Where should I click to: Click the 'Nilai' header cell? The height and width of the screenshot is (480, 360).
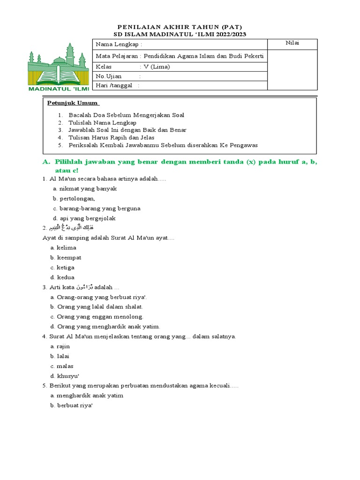coord(292,44)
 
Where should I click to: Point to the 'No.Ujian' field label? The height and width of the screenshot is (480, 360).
coord(109,76)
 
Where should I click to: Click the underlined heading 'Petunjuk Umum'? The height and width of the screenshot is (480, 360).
coord(73,103)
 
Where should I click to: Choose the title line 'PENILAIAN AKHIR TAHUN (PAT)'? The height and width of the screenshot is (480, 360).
coord(180,27)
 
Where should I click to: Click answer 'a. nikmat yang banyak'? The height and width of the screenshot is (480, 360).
coord(85,188)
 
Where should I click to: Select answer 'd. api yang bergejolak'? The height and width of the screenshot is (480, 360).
coord(84,218)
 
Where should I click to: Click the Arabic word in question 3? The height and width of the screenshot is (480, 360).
coord(84,287)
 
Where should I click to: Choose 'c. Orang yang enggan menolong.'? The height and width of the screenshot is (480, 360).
coord(97,316)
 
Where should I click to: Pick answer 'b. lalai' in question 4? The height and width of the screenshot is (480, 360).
coord(60,356)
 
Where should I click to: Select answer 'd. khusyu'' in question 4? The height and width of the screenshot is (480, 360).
coord(64,375)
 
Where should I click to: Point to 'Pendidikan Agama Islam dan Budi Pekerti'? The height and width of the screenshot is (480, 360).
coord(205,56)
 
